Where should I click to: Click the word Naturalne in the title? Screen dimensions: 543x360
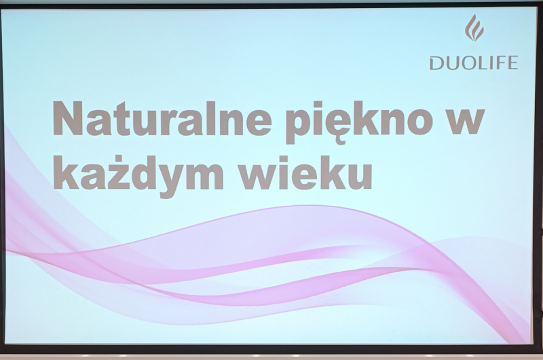pos(162,118)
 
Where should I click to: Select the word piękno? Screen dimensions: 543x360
pos(359,122)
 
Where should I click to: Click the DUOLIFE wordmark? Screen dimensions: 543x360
pos(474,63)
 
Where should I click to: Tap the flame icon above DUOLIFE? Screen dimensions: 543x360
pos(474,28)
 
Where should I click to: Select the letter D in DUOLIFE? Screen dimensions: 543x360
pos(436,63)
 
